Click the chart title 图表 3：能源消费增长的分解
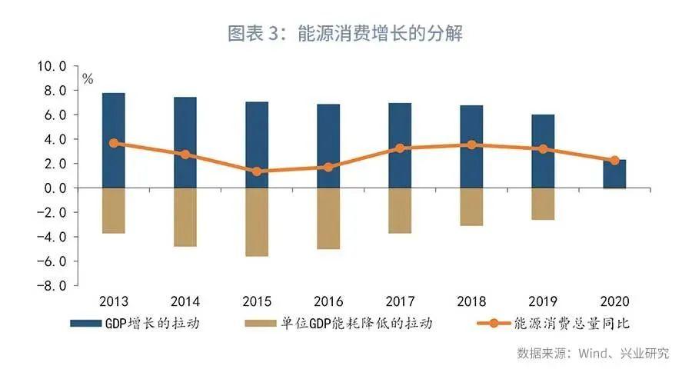click(345, 34)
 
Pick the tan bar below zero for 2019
click(542, 204)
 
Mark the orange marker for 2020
click(614, 161)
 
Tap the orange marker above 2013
click(114, 143)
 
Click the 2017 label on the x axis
click(400, 300)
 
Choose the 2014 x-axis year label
click(185, 300)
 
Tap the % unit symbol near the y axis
click(88, 78)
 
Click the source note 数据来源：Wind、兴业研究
click(592, 353)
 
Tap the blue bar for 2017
click(399, 145)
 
